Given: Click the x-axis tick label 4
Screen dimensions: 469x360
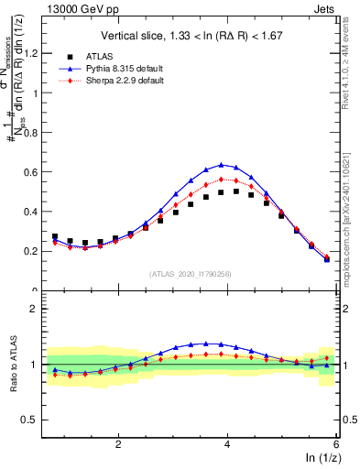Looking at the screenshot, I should point(227,443).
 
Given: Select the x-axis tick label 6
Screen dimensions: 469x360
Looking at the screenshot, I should point(336,443).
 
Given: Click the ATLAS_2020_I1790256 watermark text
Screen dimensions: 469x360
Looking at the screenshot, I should point(191,273).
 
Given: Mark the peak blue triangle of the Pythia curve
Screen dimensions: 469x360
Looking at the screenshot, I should point(221,165).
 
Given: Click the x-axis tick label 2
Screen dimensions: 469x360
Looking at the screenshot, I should point(118,443).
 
